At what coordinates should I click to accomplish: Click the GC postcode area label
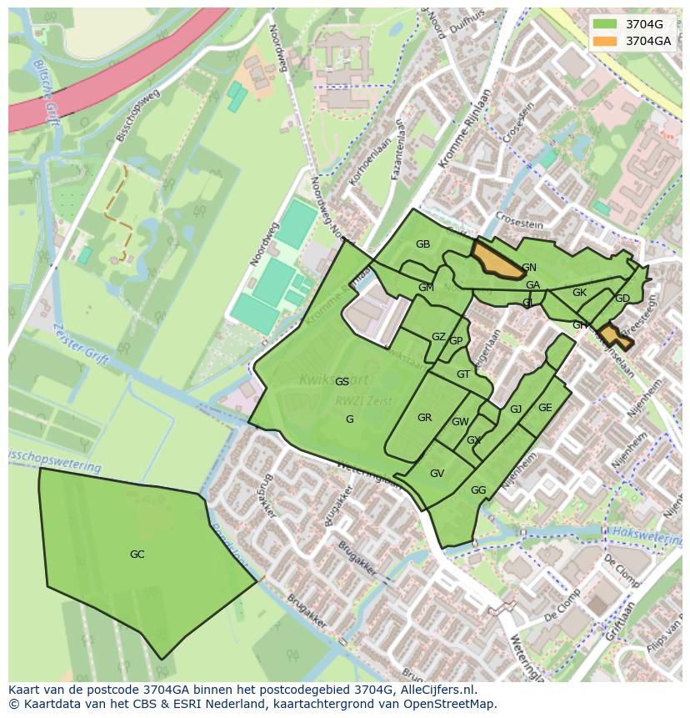coord(137,555)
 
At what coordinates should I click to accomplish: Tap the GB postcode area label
coord(422,244)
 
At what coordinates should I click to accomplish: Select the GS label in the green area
coord(342,382)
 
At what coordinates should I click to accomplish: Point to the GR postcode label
coord(424,418)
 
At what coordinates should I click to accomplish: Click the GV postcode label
coord(437,474)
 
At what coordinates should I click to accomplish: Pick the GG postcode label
coord(477,490)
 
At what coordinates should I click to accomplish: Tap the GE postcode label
coord(545,408)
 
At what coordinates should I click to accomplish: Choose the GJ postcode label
coord(516,409)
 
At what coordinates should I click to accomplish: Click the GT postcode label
coord(463,374)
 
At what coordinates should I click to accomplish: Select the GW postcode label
coord(460,422)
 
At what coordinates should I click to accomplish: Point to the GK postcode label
coord(579,293)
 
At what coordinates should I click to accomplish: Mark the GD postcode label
coord(622,299)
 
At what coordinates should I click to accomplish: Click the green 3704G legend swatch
coord(606,23)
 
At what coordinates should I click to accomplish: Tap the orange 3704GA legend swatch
coord(606,40)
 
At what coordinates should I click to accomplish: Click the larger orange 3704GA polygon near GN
coord(497,261)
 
